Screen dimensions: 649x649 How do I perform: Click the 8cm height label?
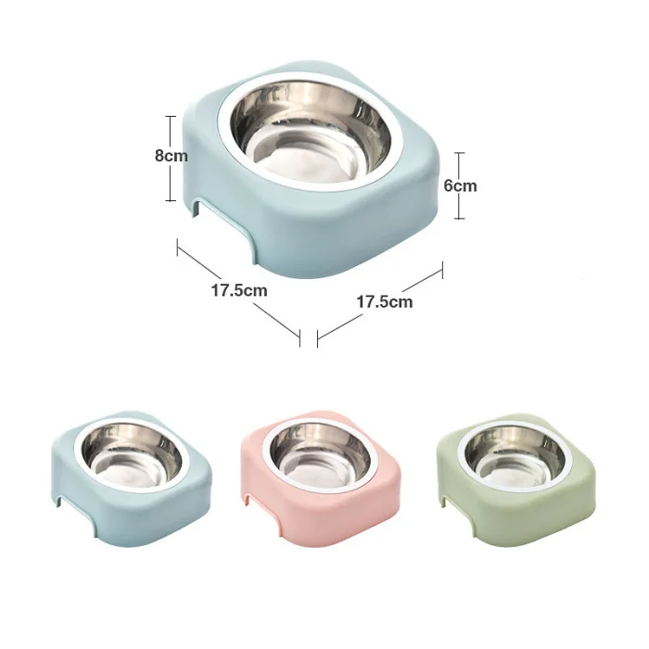click(171, 156)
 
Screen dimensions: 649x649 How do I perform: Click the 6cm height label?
click(460, 185)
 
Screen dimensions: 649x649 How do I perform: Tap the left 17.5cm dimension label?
click(239, 290)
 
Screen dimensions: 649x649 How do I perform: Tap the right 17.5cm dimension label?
click(385, 301)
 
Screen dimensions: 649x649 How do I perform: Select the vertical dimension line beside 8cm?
click(170, 159)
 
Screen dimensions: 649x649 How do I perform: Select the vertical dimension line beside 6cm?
click(459, 185)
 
